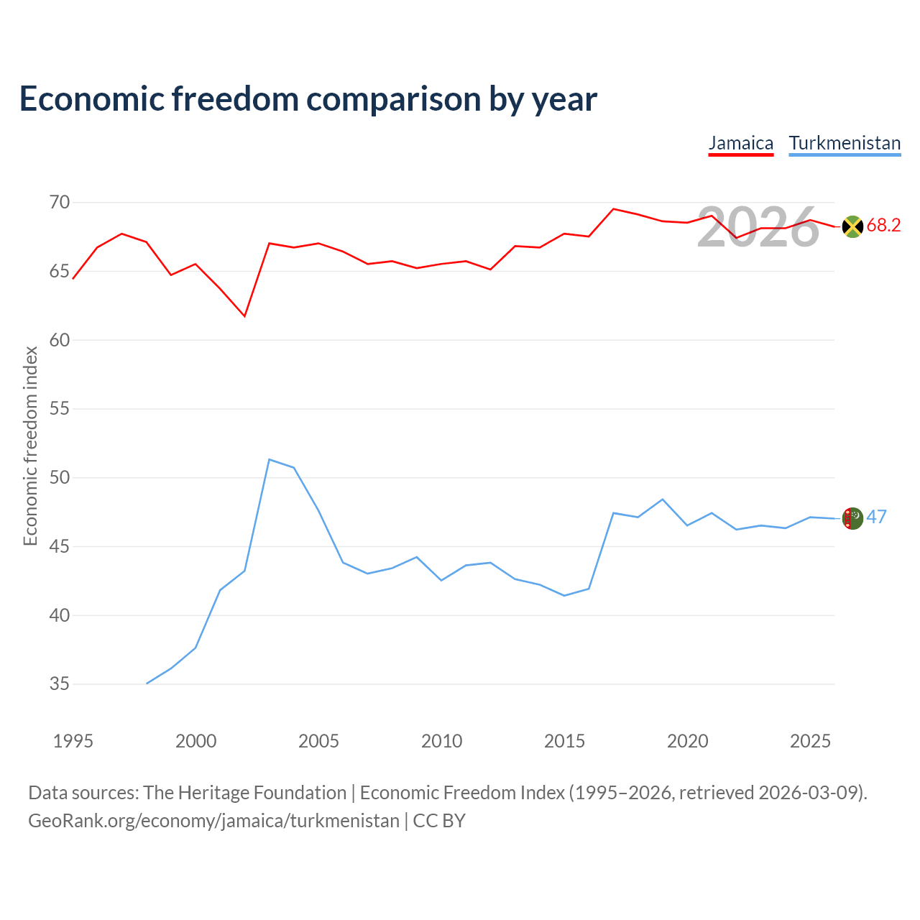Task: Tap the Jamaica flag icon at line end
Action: pos(852,226)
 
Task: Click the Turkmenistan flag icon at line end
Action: pos(852,518)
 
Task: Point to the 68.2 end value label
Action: pos(883,225)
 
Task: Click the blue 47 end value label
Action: pos(877,517)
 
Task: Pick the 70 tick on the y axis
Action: pos(60,203)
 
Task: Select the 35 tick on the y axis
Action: pos(60,684)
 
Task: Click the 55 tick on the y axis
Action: pos(60,409)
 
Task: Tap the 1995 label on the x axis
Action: pos(73,741)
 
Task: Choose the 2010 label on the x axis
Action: pos(441,741)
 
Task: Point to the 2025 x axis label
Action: pos(810,741)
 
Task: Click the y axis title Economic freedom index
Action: pos(31,446)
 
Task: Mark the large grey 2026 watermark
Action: pos(758,227)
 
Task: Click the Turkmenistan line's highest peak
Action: pos(270,459)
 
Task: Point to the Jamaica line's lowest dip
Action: pos(244,316)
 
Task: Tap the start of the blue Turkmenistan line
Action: pos(147,684)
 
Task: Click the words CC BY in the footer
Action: pos(438,821)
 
